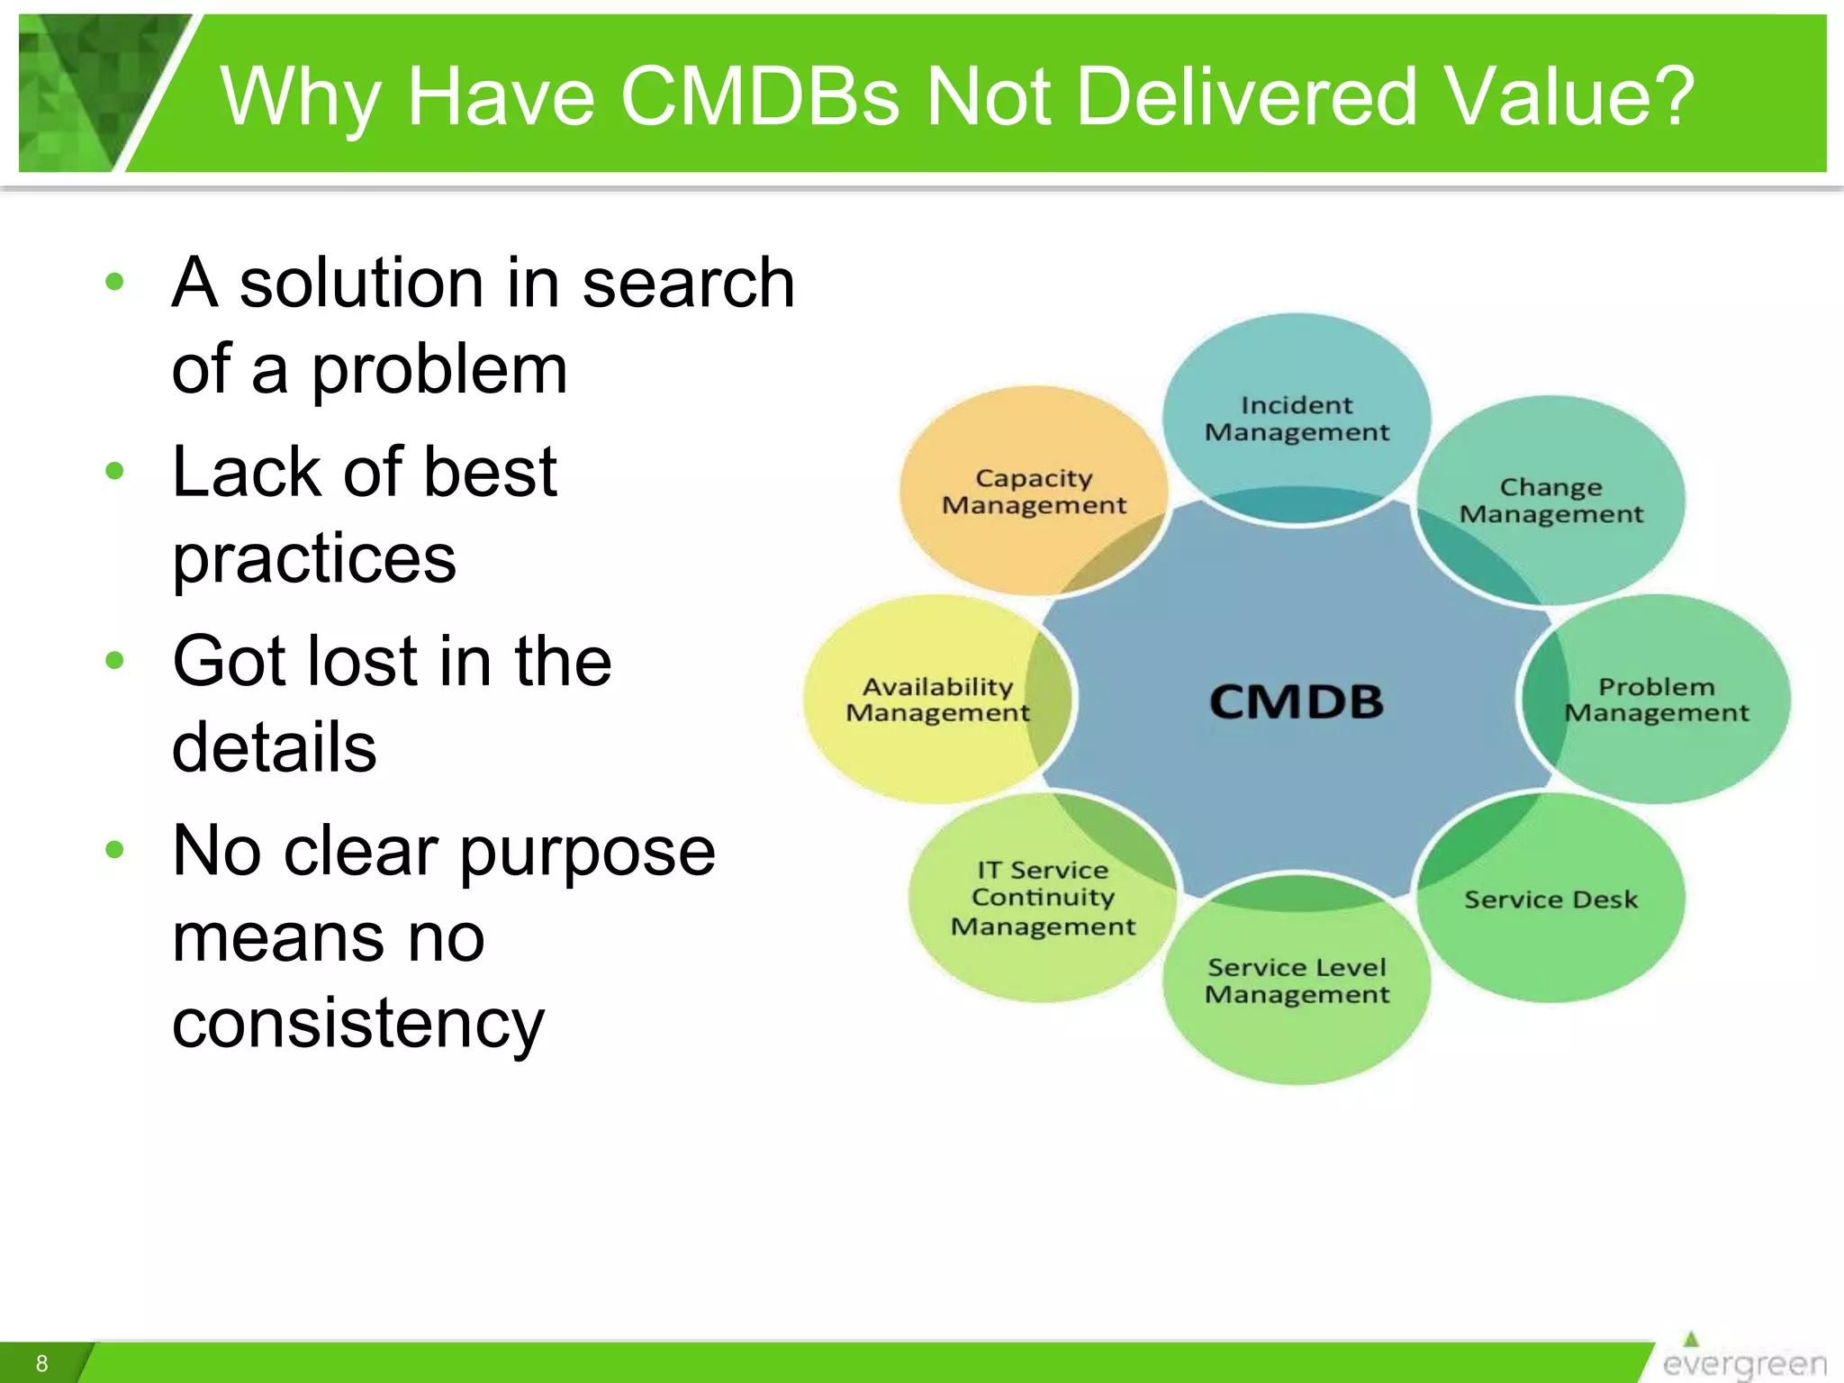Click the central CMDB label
click(1296, 701)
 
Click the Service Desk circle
click(1550, 899)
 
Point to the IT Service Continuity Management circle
click(1043, 898)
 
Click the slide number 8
click(41, 1363)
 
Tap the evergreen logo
click(1742, 1360)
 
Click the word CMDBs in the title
click(760, 96)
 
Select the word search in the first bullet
click(688, 284)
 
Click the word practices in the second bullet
click(314, 558)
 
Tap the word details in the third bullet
click(274, 747)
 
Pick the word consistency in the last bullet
click(357, 1025)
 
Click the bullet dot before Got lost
click(114, 661)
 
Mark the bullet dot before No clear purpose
click(114, 849)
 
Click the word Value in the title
click(1541, 96)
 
